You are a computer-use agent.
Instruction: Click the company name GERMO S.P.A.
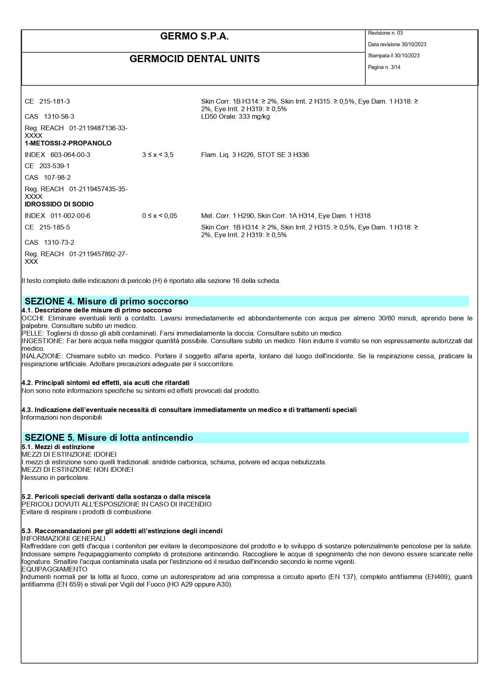194,36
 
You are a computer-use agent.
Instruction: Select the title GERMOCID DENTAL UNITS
194,59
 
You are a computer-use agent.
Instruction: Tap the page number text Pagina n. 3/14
384,67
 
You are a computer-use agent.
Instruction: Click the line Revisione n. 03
385,33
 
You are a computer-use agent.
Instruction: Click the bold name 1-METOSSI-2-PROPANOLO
68,143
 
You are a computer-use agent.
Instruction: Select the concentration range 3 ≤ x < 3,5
158,155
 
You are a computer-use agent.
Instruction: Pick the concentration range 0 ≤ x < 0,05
159,216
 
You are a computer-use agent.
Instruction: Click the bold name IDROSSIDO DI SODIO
59,204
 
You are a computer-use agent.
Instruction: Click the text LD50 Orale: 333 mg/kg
235,116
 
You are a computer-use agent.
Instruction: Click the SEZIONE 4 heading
106,301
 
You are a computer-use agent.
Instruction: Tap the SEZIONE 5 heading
109,438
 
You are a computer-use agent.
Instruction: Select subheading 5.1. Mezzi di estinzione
58,447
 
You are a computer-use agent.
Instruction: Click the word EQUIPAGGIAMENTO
54,569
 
